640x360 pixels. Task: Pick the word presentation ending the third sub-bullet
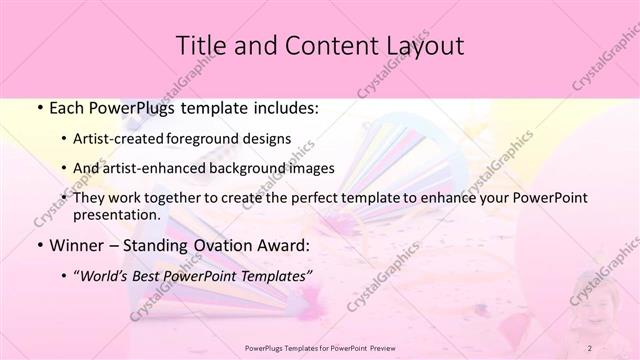pos(116,214)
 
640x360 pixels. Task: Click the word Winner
pos(75,244)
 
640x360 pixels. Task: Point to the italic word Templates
pos(276,274)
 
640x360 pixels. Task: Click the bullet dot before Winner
pos(38,245)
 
